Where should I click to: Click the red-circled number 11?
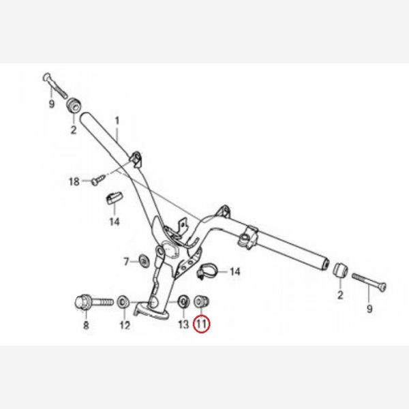coord(201,324)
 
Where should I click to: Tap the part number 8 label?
coord(86,325)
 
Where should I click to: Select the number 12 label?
coord(125,325)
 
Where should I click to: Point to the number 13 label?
coord(183,324)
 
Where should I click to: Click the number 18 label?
coord(74,181)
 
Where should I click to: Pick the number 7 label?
coord(126,261)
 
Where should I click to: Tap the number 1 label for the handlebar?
coord(117,121)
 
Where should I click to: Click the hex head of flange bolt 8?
coord(82,302)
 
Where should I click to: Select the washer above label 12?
coord(123,302)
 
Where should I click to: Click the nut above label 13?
coord(183,302)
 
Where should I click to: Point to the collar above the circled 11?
coord(202,301)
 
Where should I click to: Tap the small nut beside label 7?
coord(143,260)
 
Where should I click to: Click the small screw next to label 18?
coord(99,179)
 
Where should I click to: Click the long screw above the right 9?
coord(369,281)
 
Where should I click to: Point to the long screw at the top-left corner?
coord(55,85)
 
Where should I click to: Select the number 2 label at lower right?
coord(340,295)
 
